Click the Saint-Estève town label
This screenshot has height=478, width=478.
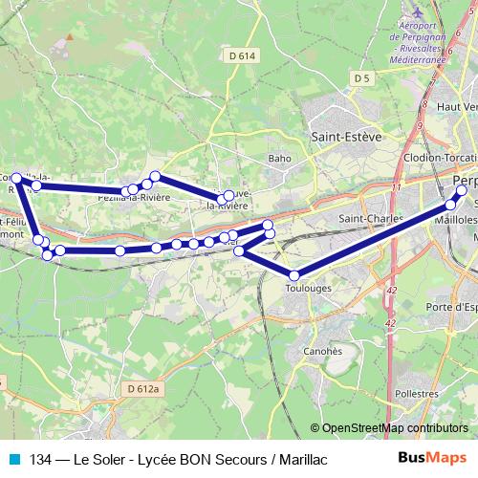coord(346,137)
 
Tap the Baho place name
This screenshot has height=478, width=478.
coord(279,158)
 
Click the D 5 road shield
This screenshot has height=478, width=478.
coord(360,77)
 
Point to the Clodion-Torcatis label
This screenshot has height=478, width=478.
coord(440,158)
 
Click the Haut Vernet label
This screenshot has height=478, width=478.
coord(456,106)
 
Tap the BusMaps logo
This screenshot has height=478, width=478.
coord(433,459)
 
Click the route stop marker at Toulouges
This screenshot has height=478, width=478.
coord(294,275)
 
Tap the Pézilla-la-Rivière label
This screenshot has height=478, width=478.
coord(134,197)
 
